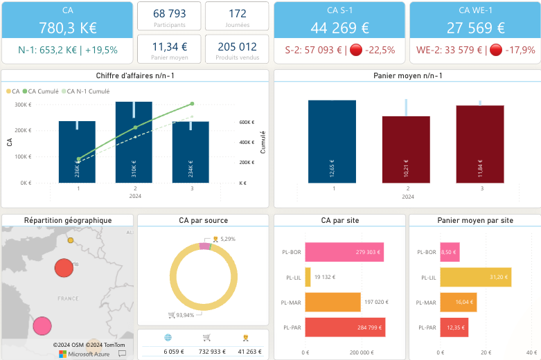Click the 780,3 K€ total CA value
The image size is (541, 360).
[x=67, y=28]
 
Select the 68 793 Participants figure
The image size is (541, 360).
[x=170, y=13]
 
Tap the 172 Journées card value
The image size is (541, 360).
[x=237, y=13]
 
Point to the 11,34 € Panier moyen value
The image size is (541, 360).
[x=170, y=46]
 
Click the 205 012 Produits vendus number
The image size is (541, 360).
[x=237, y=46]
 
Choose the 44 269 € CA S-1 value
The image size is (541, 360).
[x=339, y=28]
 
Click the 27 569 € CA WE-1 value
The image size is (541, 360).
[x=475, y=28]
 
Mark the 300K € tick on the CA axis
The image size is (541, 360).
[x=23, y=105]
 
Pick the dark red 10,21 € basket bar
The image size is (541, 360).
[x=407, y=149]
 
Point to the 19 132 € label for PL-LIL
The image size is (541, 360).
[x=324, y=277]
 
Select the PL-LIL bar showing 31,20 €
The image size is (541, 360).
[x=486, y=277]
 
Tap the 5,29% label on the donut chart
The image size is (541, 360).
[x=227, y=239]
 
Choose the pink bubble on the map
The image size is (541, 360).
[x=42, y=325]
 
